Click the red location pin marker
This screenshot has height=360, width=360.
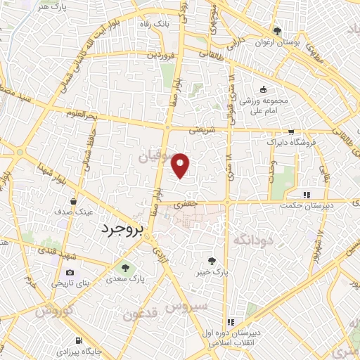coord(181,165)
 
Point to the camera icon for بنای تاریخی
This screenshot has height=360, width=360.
coord(69,273)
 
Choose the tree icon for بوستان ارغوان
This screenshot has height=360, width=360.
coord(278,31)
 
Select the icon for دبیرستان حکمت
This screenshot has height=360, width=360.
coord(306,195)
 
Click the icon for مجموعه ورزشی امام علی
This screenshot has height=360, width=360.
coord(264,89)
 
